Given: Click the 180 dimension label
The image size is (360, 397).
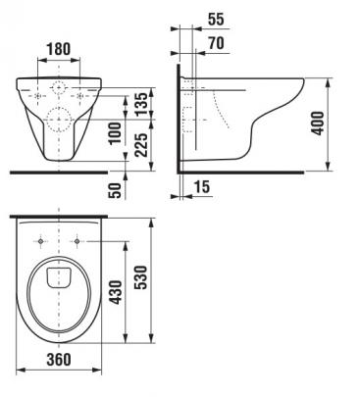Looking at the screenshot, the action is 59,49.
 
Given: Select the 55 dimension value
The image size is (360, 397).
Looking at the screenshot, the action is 216,20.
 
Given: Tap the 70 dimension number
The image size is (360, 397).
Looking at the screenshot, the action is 216,43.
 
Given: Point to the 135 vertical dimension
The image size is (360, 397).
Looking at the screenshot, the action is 142,104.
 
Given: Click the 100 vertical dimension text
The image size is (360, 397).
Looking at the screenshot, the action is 115,133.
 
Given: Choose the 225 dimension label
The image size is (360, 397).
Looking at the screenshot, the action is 142,145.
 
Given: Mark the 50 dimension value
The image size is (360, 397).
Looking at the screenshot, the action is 115,190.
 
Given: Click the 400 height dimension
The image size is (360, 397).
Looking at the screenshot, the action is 318,124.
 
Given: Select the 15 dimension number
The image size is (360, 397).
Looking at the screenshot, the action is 202,187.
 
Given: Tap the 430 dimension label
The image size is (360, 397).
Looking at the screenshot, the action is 115,292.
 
